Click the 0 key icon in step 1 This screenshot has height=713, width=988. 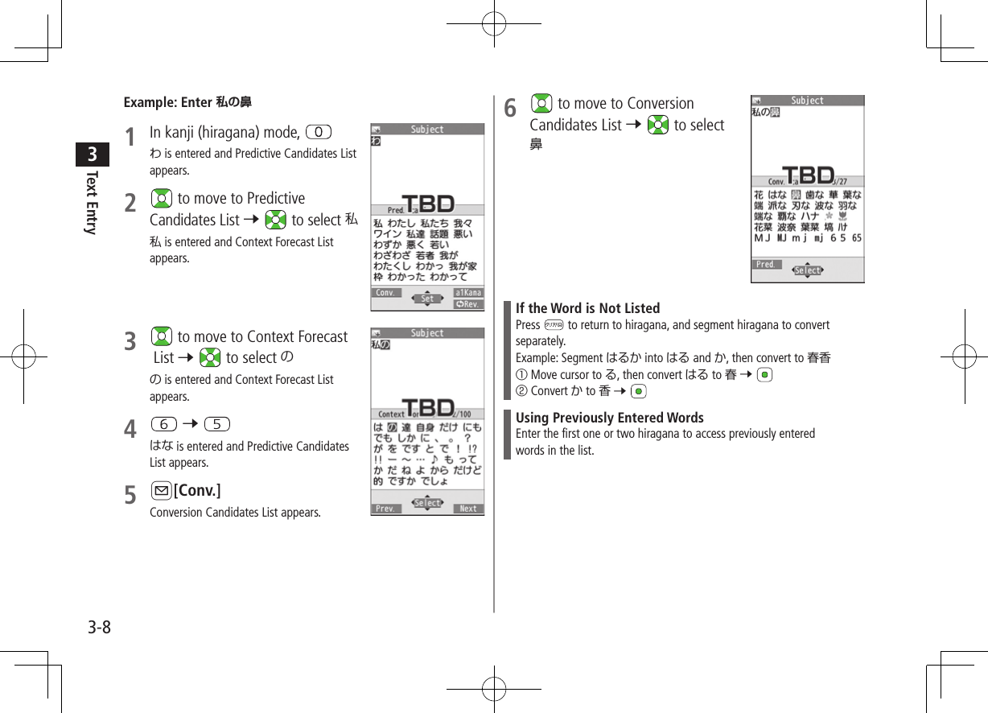[x=319, y=131]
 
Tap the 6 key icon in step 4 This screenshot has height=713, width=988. [x=163, y=424]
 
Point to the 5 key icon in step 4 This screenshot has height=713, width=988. [x=217, y=424]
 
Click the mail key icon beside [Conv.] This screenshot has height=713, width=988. [x=160, y=491]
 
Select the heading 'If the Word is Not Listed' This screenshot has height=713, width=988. [x=587, y=308]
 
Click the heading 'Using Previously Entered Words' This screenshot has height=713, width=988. [x=609, y=418]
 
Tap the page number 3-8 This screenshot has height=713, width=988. [x=100, y=627]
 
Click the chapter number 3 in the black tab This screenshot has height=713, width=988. [x=93, y=153]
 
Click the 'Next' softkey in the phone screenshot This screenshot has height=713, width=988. [x=467, y=509]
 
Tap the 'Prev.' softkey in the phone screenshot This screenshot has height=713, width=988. [x=386, y=509]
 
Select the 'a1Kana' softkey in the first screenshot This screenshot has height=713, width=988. [x=467, y=293]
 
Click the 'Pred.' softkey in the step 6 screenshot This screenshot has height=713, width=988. [x=766, y=264]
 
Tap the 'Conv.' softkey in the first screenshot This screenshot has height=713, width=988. [x=386, y=293]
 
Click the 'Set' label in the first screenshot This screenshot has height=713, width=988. [x=427, y=299]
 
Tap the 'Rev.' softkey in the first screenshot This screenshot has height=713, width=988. [x=467, y=304]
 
